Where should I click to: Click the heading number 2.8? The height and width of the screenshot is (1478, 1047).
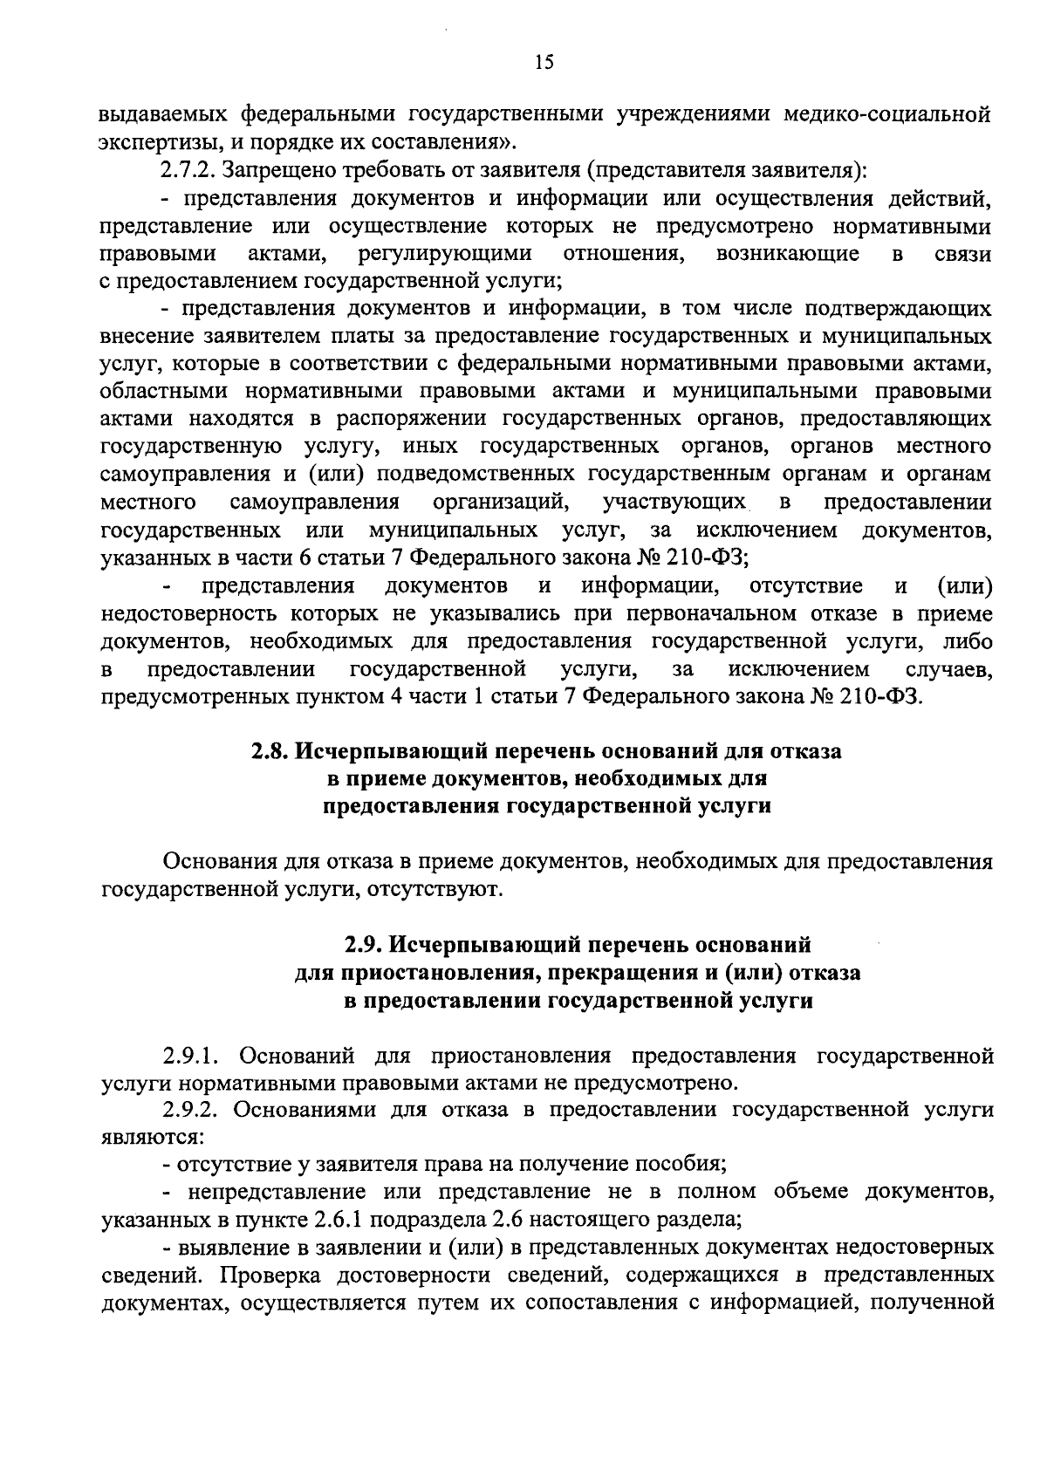point(269,750)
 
